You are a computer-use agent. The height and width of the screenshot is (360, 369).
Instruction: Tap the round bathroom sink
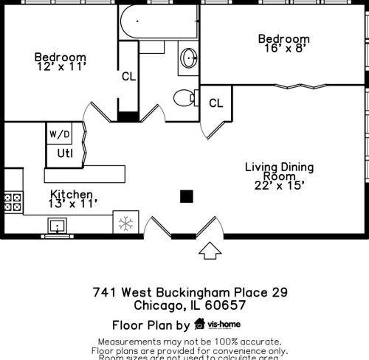point(189,58)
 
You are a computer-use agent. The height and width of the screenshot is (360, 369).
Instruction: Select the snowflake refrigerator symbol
point(125,222)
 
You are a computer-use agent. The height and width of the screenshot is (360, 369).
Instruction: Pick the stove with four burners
point(13,202)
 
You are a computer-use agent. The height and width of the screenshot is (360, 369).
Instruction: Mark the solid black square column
point(187,195)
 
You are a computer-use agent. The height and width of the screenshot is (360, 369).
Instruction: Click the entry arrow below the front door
point(210,252)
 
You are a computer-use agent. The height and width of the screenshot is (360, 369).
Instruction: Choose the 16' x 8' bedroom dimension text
point(283,49)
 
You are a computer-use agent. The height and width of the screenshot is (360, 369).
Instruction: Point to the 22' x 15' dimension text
point(279,185)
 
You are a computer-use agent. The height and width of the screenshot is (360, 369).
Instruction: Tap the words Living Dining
point(279,167)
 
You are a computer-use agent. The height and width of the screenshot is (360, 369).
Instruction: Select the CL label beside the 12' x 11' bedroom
point(128,75)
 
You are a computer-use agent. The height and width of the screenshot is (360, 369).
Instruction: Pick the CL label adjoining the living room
point(215,103)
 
